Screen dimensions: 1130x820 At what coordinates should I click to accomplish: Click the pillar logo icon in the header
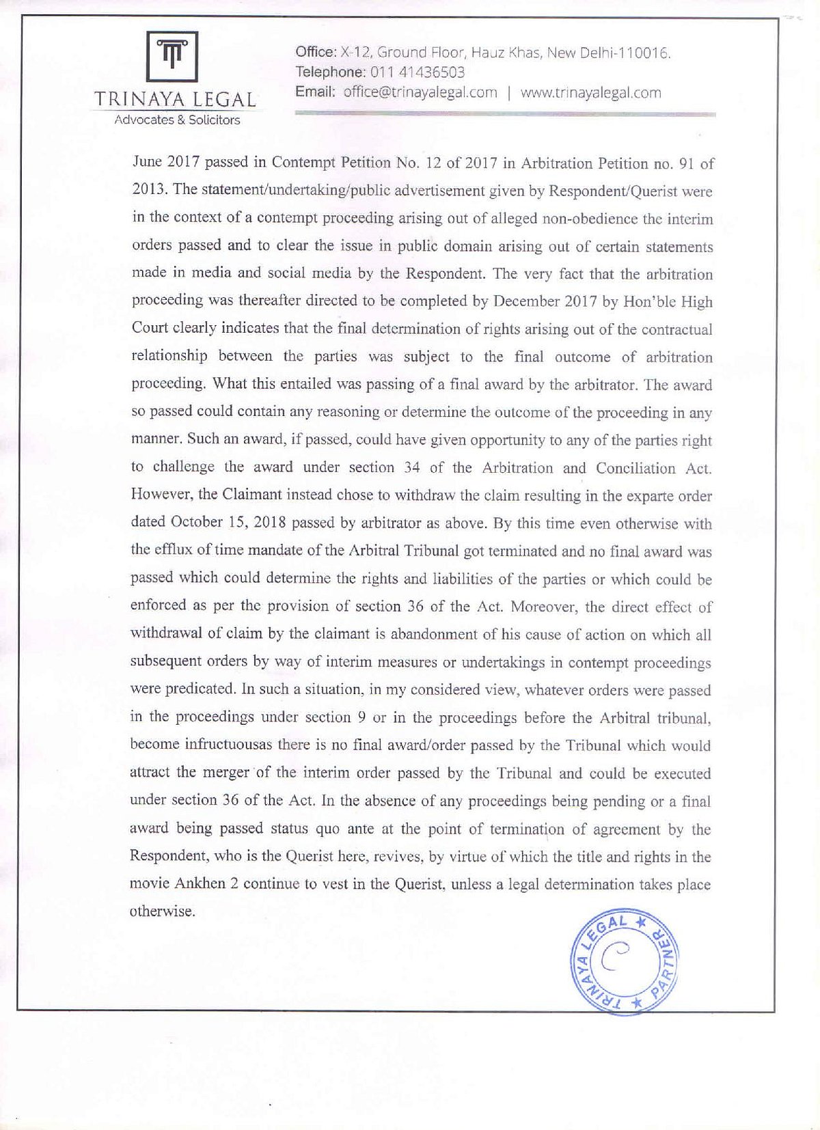coord(172,56)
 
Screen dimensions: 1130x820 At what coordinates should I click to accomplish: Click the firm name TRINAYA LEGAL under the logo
coord(176,100)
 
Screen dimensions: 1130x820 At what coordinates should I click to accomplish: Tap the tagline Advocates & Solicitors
coord(177,120)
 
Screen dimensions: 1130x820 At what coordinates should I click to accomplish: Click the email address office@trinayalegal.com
coord(420,93)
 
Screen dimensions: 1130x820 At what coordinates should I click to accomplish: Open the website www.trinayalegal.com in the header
coord(590,93)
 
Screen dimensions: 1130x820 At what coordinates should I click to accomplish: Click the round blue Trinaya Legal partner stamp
coord(623,963)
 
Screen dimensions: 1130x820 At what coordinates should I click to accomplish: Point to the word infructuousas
coord(224,745)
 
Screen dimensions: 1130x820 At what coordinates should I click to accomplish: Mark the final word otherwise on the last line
coord(162,912)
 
